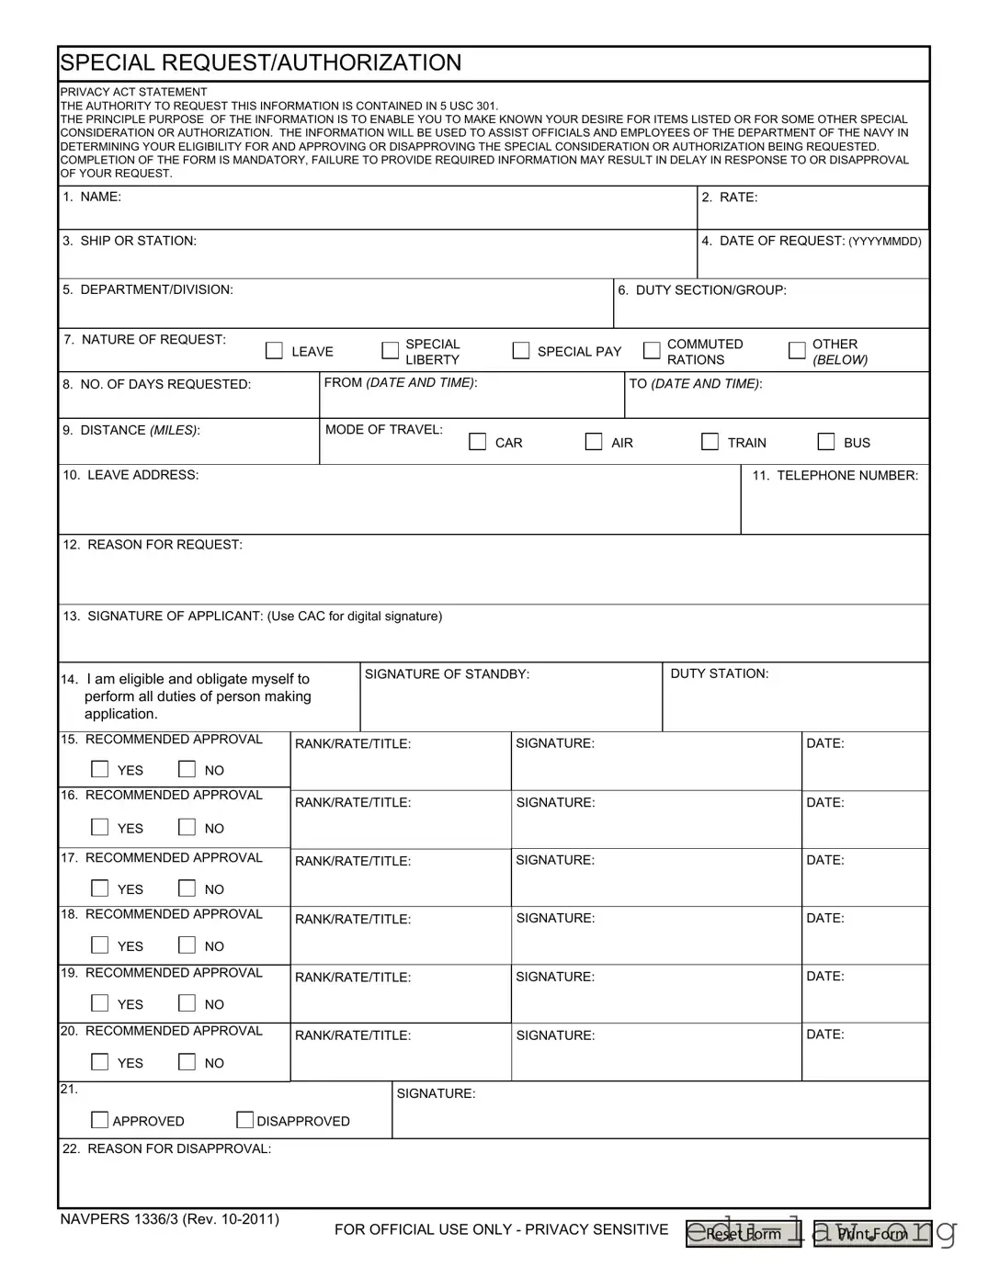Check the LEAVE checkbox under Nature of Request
coord(274,351)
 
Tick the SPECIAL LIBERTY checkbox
coord(390,351)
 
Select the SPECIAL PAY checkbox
coord(521,351)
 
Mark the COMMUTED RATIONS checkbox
coord(652,351)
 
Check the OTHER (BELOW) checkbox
coord(797,351)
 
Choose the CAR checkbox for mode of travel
coord(478,442)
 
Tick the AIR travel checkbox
coord(594,442)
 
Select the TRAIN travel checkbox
coord(710,442)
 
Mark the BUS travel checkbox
coord(826,442)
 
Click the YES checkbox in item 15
coord(100,769)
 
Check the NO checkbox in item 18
coord(187,945)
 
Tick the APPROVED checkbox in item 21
coord(99,1120)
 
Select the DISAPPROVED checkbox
coord(245,1120)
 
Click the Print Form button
coord(872,1234)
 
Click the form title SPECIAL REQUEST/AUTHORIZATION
coord(261,62)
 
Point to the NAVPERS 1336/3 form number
coord(170,1219)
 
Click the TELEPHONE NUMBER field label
coord(835,476)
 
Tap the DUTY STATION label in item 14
coord(720,673)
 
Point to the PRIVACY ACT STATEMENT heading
coord(133,92)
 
